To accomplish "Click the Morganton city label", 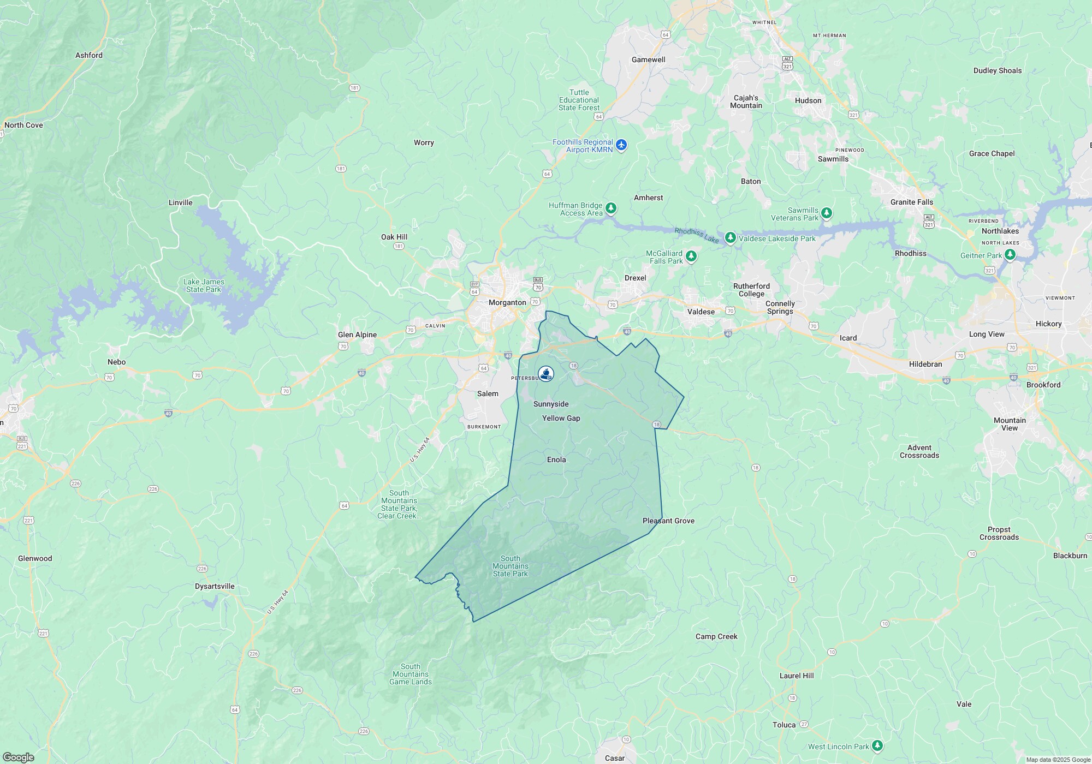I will click(507, 302).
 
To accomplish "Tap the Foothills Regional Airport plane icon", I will click(621, 145).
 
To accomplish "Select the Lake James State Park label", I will click(204, 285).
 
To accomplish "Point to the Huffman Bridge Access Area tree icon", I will click(611, 208).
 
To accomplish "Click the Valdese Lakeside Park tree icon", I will click(730, 238).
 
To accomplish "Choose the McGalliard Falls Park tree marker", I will click(691, 256).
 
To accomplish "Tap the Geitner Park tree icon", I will click(1010, 255).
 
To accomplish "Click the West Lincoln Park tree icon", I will click(877, 745).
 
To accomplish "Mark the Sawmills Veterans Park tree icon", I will click(827, 213).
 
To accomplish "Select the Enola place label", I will click(556, 459).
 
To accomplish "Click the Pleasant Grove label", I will click(668, 521).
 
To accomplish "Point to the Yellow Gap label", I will click(561, 418).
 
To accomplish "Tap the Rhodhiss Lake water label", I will click(696, 235).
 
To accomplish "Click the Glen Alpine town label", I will click(357, 335).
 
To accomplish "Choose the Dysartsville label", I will click(215, 586).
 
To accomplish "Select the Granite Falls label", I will click(911, 202).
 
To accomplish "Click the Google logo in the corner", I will click(18, 757).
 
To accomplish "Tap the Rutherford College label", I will click(751, 290).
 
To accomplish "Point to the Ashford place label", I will click(89, 55).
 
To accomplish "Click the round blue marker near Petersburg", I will click(546, 373).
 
